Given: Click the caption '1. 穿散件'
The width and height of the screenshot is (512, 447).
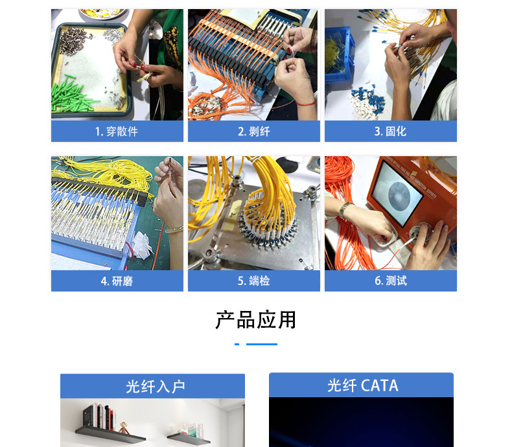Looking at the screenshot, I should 117,132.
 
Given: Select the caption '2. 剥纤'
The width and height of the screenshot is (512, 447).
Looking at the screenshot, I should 253,132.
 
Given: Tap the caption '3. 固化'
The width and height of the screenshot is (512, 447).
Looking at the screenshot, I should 390,132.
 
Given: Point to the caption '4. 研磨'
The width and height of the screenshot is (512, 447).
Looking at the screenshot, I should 117,281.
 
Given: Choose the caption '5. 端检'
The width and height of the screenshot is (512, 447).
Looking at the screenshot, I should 253,281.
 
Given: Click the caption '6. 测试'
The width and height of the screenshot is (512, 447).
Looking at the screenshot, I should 390,281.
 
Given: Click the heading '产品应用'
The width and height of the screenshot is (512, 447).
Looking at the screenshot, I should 255,319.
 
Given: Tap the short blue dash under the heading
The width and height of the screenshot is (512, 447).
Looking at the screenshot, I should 237,344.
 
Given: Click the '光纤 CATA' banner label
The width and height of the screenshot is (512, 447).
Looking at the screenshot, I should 362,385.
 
